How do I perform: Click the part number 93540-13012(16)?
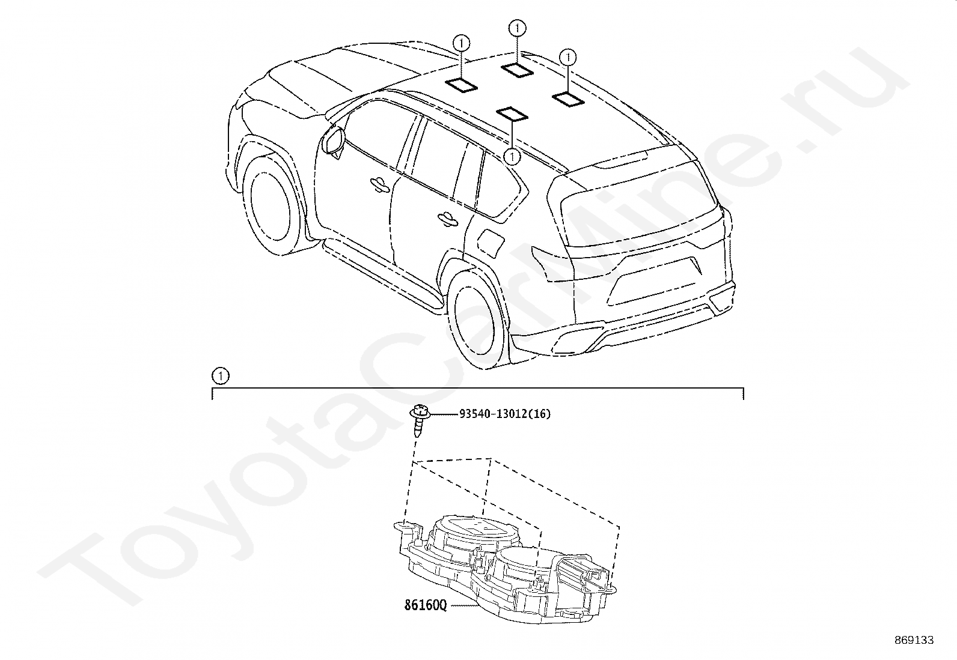tap(504, 414)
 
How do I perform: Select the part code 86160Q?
tap(425, 605)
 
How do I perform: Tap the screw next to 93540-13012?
tap(419, 421)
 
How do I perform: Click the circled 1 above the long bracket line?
tap(221, 377)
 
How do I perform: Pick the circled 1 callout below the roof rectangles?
tap(512, 157)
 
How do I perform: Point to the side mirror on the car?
tap(332, 142)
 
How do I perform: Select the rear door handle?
tap(448, 221)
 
